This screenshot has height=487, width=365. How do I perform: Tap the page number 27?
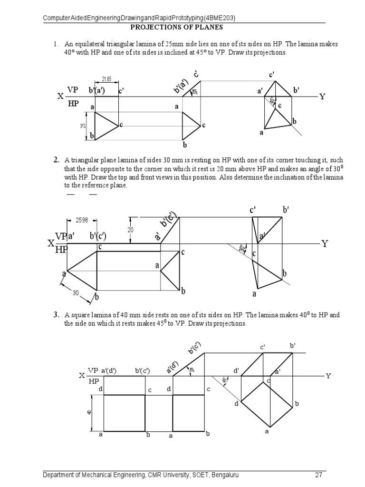(x=318, y=475)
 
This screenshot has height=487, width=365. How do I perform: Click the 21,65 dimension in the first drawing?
(x=106, y=79)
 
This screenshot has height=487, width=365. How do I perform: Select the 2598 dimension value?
(x=82, y=220)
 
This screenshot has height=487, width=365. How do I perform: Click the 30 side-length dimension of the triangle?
(x=75, y=293)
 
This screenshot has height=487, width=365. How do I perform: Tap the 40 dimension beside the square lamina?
(x=89, y=412)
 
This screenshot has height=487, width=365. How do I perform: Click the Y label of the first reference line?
(x=322, y=97)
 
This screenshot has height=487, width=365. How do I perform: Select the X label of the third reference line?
(x=81, y=376)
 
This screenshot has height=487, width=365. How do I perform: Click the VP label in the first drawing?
(x=72, y=89)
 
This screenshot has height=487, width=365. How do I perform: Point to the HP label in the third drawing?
(x=94, y=381)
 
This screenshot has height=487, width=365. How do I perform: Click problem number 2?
(x=56, y=160)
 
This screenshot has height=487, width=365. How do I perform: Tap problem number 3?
(x=56, y=315)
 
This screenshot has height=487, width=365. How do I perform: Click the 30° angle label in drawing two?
(x=241, y=249)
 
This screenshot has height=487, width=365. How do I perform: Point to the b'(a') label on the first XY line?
(x=96, y=90)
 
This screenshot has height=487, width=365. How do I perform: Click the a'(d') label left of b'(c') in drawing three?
(x=109, y=370)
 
